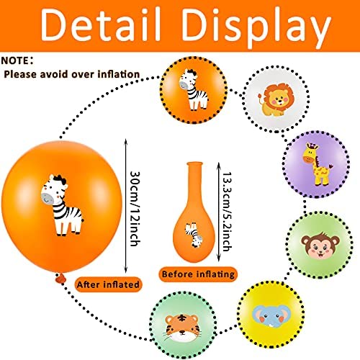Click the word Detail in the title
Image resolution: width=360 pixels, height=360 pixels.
click(101, 24)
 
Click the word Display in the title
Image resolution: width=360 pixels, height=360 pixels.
click(256, 27)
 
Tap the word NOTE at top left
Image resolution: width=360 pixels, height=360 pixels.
click(15, 60)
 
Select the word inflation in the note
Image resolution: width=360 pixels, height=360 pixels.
click(119, 74)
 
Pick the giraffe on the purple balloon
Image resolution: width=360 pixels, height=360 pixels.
click(317, 164)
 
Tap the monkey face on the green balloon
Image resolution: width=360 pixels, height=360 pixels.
click(320, 246)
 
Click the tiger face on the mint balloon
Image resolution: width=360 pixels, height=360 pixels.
click(181, 328)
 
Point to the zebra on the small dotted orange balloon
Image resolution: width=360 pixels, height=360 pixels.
click(194, 89)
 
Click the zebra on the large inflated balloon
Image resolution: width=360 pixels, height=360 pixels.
click(62, 205)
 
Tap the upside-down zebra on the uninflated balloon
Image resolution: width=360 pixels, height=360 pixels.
click(194, 235)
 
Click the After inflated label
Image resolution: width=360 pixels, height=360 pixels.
click(108, 284)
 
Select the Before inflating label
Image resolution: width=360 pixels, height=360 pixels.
click(198, 274)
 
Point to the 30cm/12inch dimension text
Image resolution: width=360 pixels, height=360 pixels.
click(135, 209)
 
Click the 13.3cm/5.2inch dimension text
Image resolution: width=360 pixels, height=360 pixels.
click(228, 212)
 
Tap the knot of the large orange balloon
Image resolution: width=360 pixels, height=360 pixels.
click(60, 278)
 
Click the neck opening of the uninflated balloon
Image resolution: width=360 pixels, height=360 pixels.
click(194, 164)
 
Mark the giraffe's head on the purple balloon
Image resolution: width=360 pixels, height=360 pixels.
click(310, 153)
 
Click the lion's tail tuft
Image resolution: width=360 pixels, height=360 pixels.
click(261, 96)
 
